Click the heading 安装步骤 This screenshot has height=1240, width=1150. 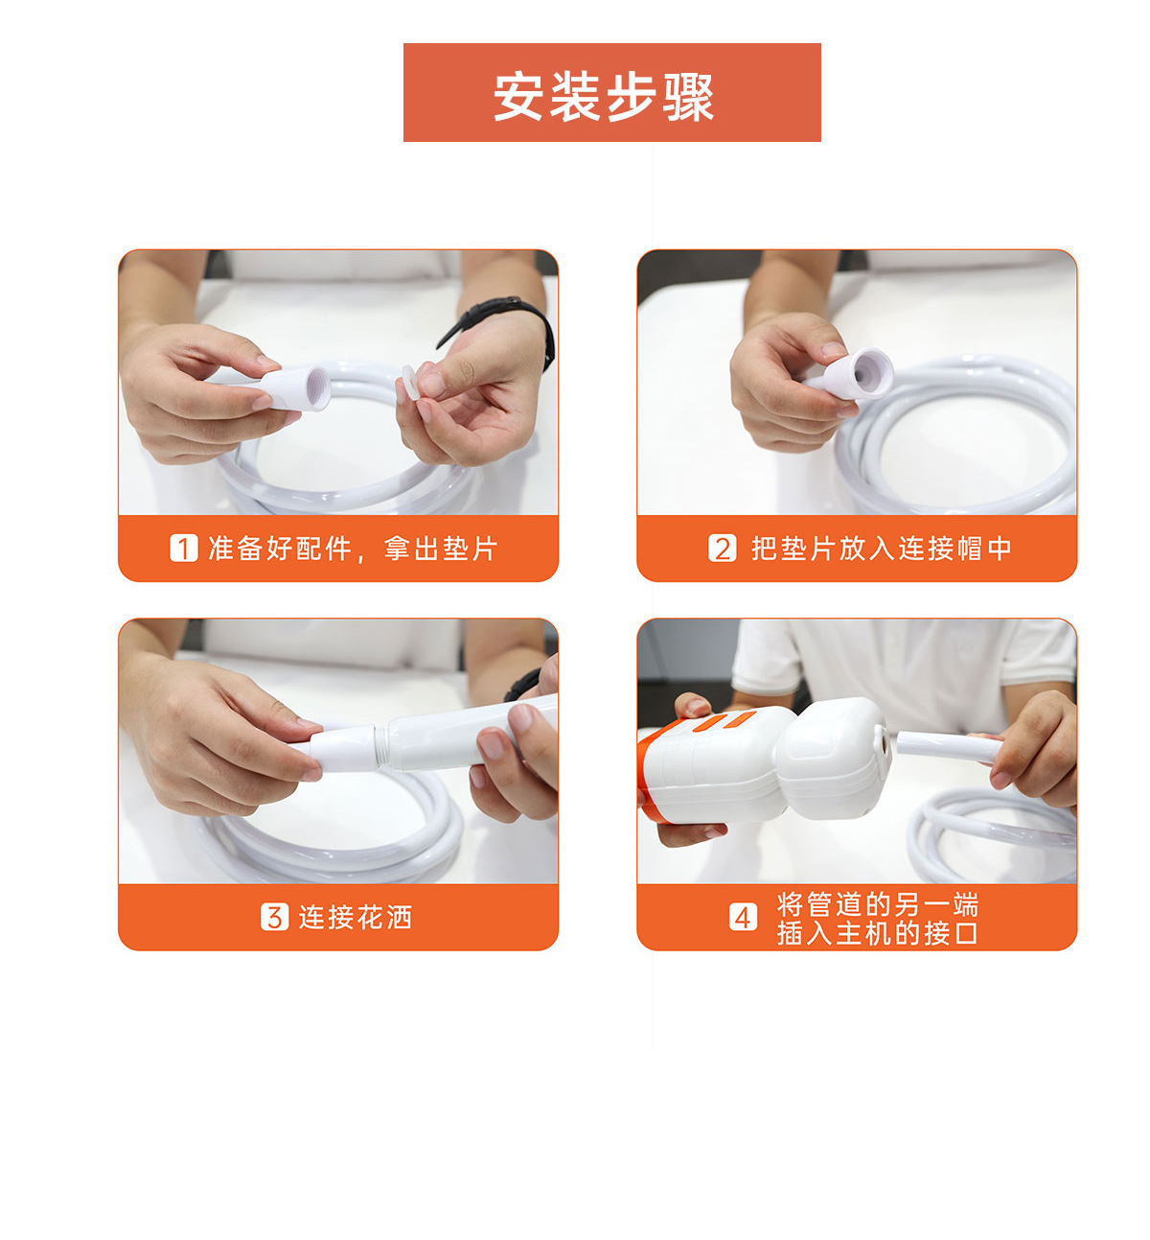coord(604,97)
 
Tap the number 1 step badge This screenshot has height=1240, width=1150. coord(183,549)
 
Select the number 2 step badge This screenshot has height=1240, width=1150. coord(722,549)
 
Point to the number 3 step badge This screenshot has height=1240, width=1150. coord(274,917)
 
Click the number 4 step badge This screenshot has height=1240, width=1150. coord(743,917)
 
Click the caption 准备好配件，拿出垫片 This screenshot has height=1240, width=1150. coord(353,549)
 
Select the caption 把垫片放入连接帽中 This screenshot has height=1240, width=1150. coord(881,549)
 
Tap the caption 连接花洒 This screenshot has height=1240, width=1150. coord(355,917)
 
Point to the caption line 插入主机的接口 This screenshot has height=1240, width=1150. coord(877,933)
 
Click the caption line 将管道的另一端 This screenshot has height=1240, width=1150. coord(877,903)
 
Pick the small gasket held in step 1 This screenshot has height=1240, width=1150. coord(410,382)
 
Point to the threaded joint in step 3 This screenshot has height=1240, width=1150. coord(380,746)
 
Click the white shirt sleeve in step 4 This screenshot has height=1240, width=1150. coord(765,656)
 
